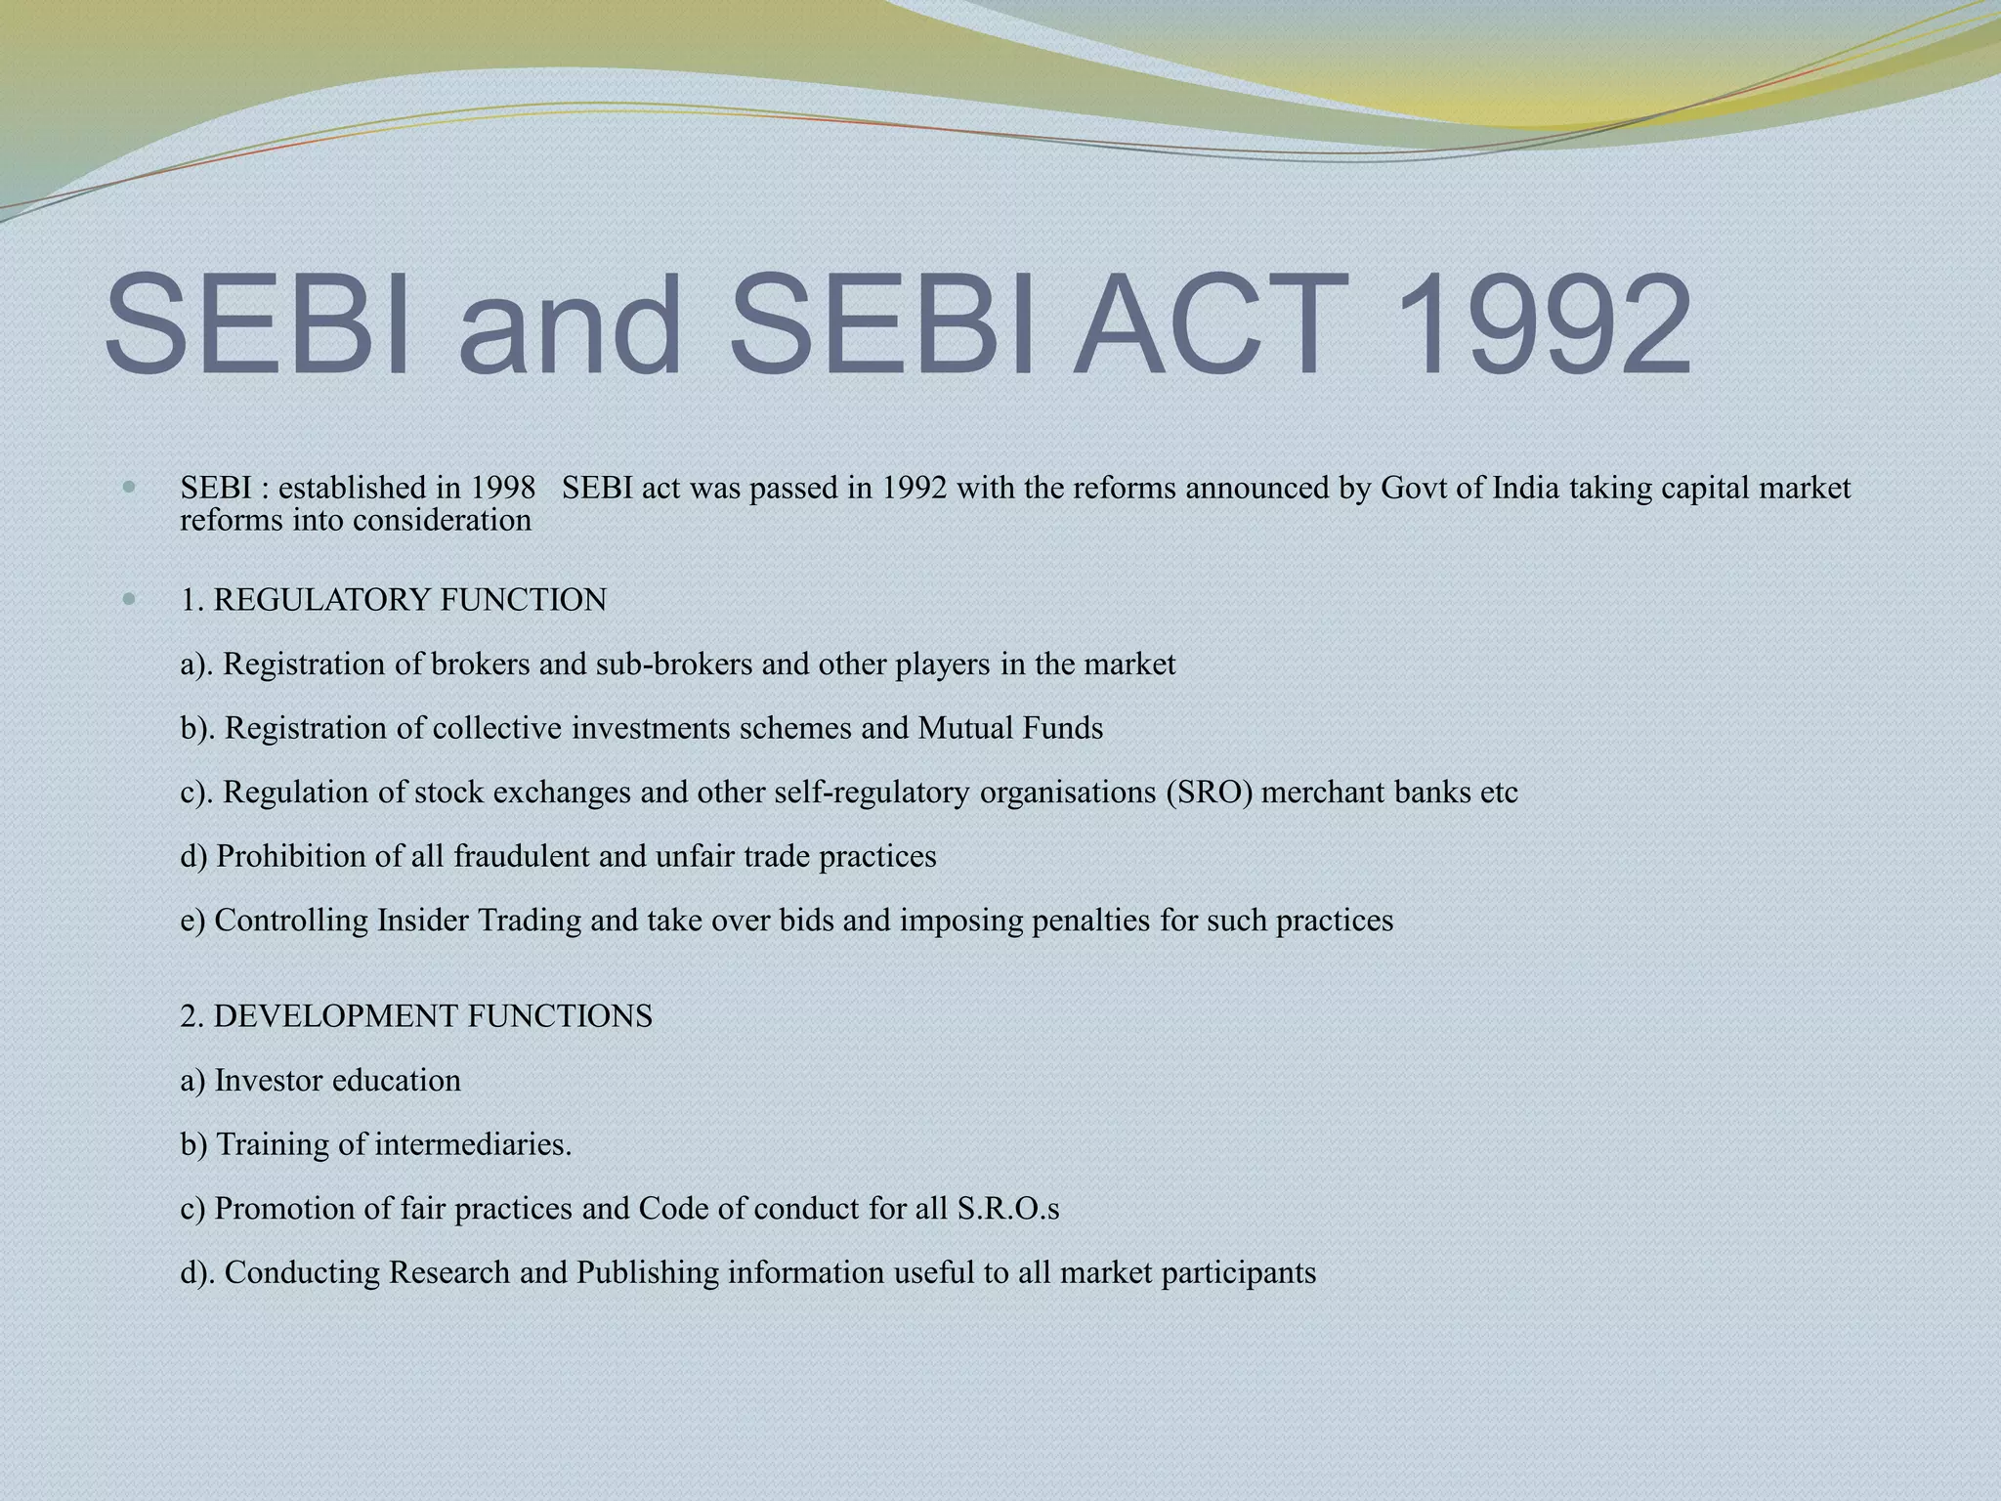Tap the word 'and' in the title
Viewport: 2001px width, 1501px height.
(569, 324)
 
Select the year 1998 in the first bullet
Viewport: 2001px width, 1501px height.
(503, 488)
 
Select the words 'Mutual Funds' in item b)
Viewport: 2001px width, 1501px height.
(1010, 729)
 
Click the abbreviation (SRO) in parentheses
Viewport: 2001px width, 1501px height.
(1208, 793)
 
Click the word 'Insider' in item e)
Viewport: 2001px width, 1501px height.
(423, 921)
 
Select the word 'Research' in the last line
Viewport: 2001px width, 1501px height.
(449, 1273)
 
